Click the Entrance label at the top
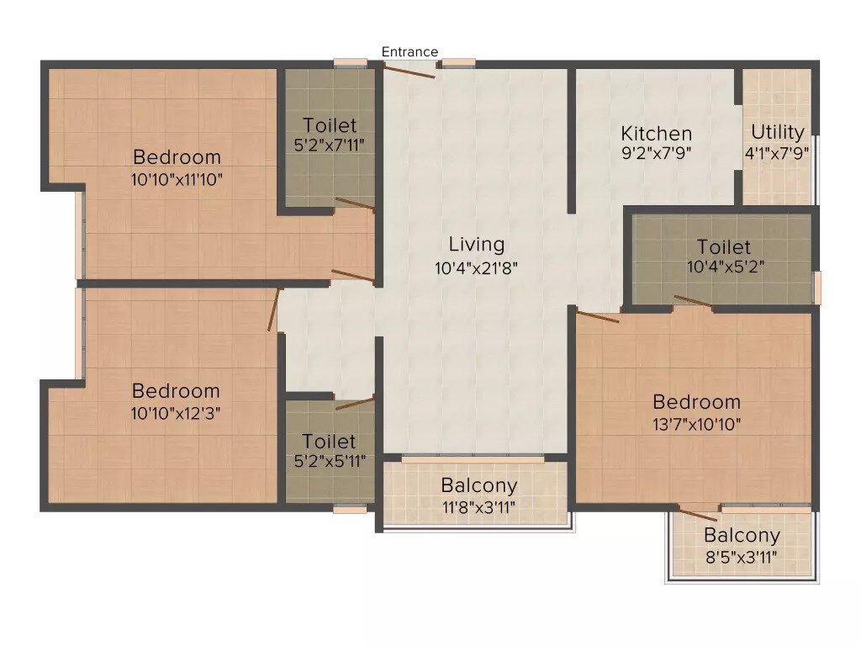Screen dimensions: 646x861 point(409,52)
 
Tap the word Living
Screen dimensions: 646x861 point(477,245)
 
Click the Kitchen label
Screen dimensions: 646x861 point(656,134)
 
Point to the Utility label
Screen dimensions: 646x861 point(778,132)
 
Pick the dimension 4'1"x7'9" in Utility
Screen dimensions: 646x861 point(778,152)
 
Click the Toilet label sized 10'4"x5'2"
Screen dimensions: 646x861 point(724,247)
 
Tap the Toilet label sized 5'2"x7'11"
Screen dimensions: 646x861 point(330,125)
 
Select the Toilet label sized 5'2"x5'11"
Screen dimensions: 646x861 point(329,442)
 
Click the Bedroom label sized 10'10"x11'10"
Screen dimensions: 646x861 point(177,157)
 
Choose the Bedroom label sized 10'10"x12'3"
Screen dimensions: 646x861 point(176,391)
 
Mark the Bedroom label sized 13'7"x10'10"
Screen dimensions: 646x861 point(696,402)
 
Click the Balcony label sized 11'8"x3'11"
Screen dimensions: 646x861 point(478,486)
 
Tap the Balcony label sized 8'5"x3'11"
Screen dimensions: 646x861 point(742,536)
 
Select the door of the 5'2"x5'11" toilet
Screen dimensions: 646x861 point(354,403)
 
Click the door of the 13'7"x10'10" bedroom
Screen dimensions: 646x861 point(597,316)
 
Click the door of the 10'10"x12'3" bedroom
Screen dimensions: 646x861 point(273,310)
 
